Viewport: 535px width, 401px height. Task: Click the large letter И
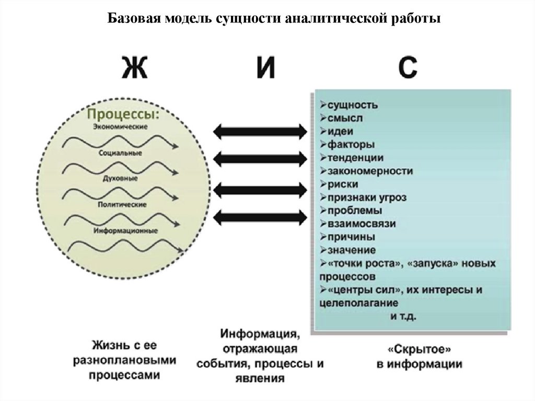click(x=265, y=68)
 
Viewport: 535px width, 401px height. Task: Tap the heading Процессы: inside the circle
click(x=123, y=114)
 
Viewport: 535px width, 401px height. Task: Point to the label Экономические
click(x=121, y=127)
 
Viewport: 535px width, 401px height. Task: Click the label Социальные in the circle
click(x=121, y=153)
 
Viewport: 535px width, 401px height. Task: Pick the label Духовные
click(x=120, y=179)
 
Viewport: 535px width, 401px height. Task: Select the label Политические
click(x=121, y=204)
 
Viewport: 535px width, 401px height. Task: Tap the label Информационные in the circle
click(x=126, y=230)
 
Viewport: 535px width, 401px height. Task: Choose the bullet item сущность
click(x=353, y=105)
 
